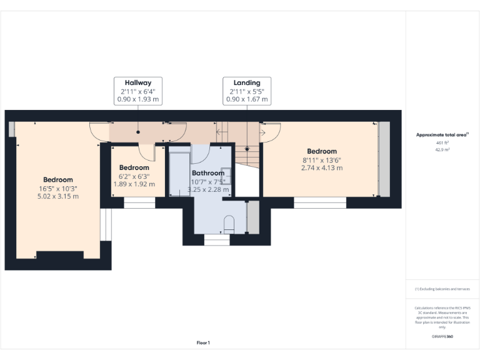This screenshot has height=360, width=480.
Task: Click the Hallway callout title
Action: [137, 82]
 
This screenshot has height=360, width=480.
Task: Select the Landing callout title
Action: [246, 82]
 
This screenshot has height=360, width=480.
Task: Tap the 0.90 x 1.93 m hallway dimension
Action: [137, 99]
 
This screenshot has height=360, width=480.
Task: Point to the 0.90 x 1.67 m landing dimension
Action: [246, 99]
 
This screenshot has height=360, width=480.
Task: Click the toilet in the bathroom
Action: [228, 224]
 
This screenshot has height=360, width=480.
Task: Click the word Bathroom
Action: [207, 173]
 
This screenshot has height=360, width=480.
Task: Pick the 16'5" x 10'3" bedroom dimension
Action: [57, 188]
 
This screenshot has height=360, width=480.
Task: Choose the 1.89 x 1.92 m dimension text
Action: [134, 184]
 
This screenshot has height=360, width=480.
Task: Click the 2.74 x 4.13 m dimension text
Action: [321, 167]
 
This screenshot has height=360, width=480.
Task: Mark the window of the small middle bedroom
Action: [139, 202]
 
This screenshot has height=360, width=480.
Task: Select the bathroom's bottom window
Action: [217, 239]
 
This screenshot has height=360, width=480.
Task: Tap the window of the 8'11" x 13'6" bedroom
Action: [320, 202]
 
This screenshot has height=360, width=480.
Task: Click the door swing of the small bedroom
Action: [146, 153]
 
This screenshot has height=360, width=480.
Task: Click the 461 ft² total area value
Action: [442, 142]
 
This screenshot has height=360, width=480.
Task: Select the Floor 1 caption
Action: [203, 342]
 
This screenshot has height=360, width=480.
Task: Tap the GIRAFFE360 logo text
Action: [442, 336]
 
